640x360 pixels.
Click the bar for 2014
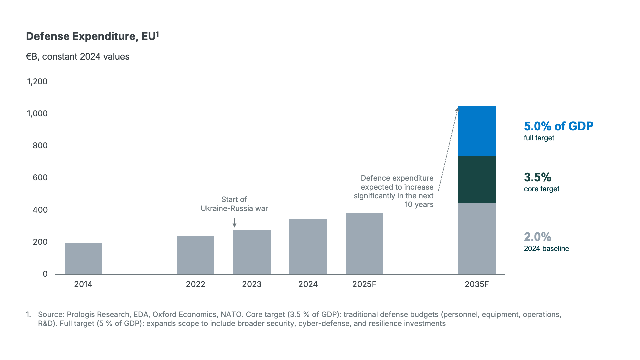pyautogui.click(x=83, y=259)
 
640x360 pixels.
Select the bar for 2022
pyautogui.click(x=196, y=255)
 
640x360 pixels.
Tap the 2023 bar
pyautogui.click(x=252, y=252)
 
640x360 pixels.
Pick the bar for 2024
pyautogui.click(x=308, y=247)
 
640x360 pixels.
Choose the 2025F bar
pyautogui.click(x=364, y=244)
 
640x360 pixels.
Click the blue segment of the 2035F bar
pyautogui.click(x=477, y=131)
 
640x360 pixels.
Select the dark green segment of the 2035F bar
pyautogui.click(x=477, y=180)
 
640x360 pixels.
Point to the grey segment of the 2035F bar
pyautogui.click(x=477, y=239)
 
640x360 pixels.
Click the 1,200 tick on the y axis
pyautogui.click(x=37, y=82)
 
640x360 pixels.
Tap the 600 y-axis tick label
pyautogui.click(x=40, y=178)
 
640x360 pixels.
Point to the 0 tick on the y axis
pyautogui.click(x=45, y=274)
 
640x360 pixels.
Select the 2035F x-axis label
pyautogui.click(x=477, y=284)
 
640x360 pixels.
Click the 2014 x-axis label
pyautogui.click(x=83, y=284)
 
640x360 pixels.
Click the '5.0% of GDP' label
pyautogui.click(x=559, y=126)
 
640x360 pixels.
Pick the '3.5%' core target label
pyautogui.click(x=538, y=177)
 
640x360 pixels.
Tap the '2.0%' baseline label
pyautogui.click(x=538, y=237)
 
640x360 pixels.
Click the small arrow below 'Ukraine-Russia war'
pyautogui.click(x=234, y=223)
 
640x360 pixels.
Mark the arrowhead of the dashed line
pyautogui.click(x=457, y=109)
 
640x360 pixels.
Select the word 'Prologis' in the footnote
pyautogui.click(x=80, y=315)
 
